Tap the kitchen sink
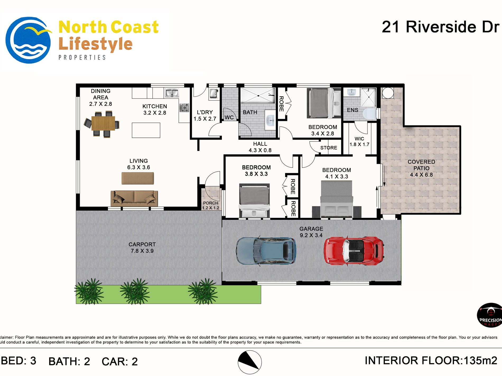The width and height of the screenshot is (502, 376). [172, 93]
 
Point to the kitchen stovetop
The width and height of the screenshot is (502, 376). [184, 108]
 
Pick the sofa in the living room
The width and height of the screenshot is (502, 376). [134, 198]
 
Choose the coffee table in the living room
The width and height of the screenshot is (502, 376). [138, 178]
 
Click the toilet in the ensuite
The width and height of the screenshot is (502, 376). [370, 113]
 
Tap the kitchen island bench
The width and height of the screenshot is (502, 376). [146, 130]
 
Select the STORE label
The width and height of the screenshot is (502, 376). [329, 148]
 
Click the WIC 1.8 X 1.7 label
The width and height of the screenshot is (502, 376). [359, 141]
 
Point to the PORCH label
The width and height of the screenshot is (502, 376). [211, 203]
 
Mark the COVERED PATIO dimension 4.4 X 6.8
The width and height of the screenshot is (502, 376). [421, 175]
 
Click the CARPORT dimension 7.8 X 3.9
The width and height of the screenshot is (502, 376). [142, 251]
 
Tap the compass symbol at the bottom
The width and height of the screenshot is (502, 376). [250, 362]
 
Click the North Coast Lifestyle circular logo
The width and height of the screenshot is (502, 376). [29, 40]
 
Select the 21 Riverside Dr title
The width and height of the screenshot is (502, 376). [440, 27]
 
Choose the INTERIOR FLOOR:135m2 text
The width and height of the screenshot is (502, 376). [431, 360]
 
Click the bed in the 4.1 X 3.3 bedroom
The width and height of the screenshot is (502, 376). [337, 199]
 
